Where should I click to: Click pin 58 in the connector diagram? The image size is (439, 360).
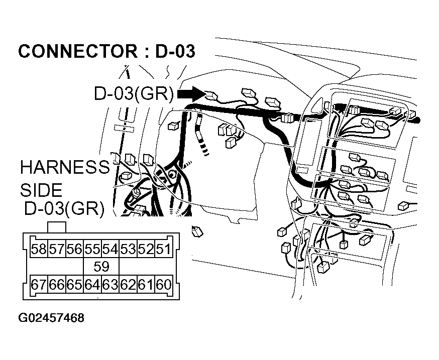pyautogui.click(x=39, y=249)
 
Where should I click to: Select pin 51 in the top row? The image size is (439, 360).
pyautogui.click(x=163, y=249)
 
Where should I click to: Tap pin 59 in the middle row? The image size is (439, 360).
pyautogui.click(x=101, y=267)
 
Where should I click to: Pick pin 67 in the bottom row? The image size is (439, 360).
pyautogui.click(x=39, y=285)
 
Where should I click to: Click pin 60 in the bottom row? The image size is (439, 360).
pyautogui.click(x=163, y=285)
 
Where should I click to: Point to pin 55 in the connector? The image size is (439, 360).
pyautogui.click(x=92, y=249)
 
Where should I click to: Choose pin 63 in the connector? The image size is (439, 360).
pyautogui.click(x=110, y=285)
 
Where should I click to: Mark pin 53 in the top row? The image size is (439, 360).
pyautogui.click(x=128, y=249)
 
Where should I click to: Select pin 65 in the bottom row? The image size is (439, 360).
pyautogui.click(x=74, y=285)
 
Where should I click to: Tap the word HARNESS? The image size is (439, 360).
pyautogui.click(x=64, y=167)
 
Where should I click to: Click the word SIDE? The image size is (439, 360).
pyautogui.click(x=41, y=190)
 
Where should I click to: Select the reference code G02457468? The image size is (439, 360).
pyautogui.click(x=51, y=318)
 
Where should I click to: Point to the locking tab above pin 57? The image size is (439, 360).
pyautogui.click(x=56, y=227)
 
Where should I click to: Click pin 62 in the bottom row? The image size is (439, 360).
pyautogui.click(x=128, y=285)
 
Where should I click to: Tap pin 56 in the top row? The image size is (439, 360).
pyautogui.click(x=74, y=249)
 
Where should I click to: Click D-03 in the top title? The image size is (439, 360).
pyautogui.click(x=175, y=52)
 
